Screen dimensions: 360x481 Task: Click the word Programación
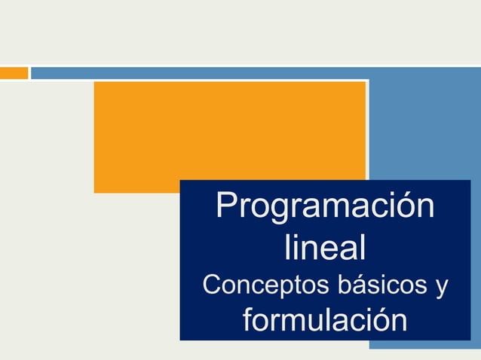[x=325, y=206]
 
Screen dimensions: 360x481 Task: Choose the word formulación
[x=325, y=321]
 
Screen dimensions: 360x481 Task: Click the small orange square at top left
[x=14, y=73]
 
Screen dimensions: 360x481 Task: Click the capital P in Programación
[x=226, y=206]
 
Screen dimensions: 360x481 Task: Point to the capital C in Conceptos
[x=213, y=287]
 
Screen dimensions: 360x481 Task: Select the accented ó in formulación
[x=381, y=322]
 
